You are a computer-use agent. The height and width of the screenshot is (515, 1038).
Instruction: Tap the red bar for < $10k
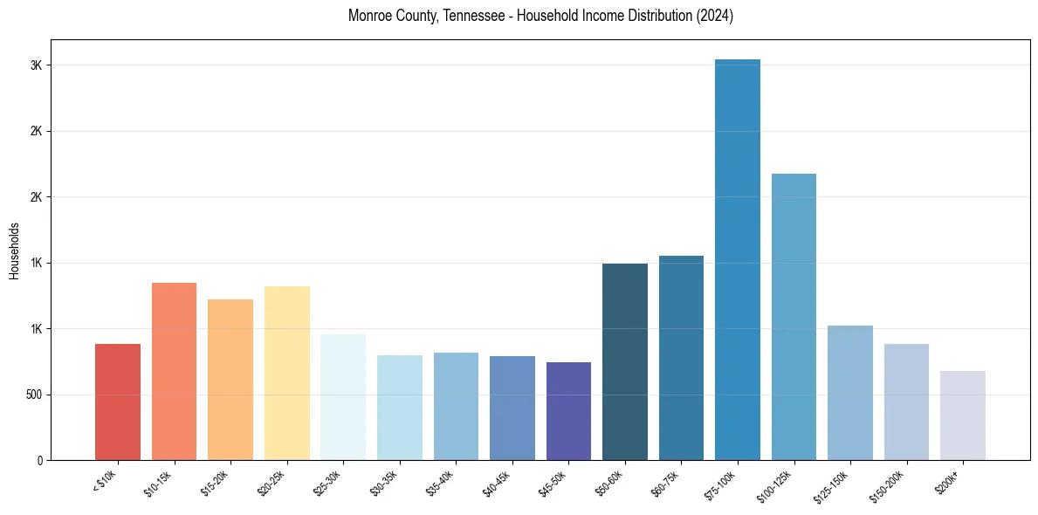pos(118,402)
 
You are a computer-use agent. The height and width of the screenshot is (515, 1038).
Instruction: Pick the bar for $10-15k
pos(174,371)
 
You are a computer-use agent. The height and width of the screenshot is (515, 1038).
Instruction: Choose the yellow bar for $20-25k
pos(286,373)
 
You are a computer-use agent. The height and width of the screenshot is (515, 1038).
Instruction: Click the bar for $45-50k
pos(568,411)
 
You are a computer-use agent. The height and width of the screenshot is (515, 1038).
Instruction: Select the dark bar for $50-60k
pos(625,361)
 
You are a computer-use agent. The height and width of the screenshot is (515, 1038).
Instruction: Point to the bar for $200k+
pos(962,415)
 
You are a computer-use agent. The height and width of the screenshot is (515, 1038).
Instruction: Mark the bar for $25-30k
pos(343,397)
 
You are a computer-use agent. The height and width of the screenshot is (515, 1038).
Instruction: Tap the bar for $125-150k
pos(850,393)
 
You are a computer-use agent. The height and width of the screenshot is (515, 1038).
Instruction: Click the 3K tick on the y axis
pos(35,65)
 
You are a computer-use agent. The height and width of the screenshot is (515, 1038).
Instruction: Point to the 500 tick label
pos(32,395)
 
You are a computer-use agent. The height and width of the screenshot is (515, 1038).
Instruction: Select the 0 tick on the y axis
pos(38,460)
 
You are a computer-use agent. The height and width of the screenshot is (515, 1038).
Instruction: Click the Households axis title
pos(14,250)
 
